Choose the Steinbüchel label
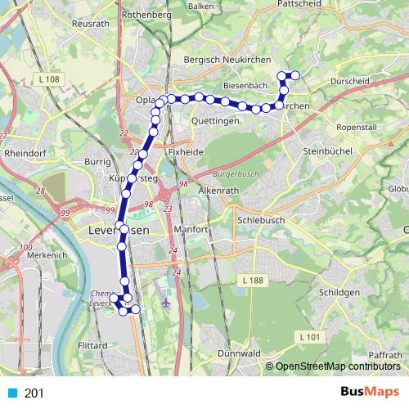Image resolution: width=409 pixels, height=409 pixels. (x=326, y=152)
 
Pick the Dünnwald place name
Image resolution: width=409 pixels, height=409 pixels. (x=240, y=353)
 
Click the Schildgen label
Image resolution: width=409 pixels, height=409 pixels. (x=336, y=292)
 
